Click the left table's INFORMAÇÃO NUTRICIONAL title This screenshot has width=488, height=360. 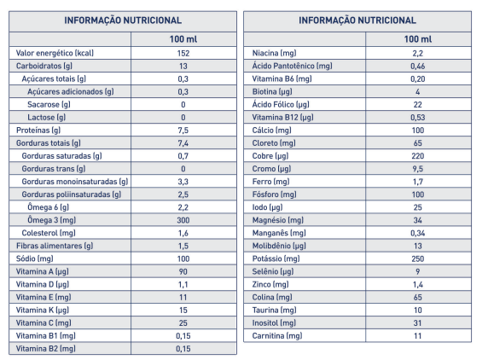click(123, 20)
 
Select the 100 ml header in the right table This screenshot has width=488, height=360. click(418, 39)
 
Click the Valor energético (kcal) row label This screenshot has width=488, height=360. click(55, 53)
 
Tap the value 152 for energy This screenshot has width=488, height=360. click(183, 53)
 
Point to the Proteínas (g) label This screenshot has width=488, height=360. click(38, 130)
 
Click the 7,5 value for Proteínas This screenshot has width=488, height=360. click(183, 131)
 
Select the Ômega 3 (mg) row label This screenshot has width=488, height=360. click(52, 220)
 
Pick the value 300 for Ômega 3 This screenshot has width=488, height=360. click(183, 220)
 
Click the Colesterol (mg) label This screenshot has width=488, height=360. click(49, 233)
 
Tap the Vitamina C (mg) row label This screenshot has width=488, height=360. click(44, 323)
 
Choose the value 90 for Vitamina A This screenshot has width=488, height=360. click(183, 271)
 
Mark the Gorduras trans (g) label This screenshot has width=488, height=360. click(54, 169)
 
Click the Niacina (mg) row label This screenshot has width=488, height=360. click(274, 53)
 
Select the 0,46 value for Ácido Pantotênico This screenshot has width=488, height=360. click(418, 66)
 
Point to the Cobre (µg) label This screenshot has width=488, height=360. click(270, 156)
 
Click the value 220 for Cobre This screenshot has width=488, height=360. click(418, 156)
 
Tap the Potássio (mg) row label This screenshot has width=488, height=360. click(276, 258)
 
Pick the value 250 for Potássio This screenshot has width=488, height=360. click(418, 258)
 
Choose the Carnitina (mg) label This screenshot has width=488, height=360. click(277, 336)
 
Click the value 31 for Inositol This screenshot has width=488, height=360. click(418, 323)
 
